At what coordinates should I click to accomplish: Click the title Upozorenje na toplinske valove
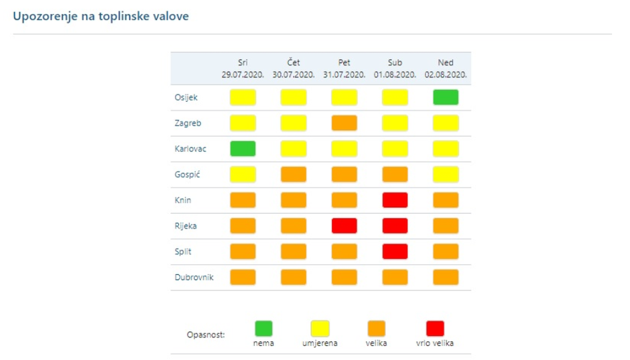[101, 15]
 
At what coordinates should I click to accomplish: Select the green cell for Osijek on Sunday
[446, 97]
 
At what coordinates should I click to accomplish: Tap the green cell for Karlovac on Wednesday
[243, 148]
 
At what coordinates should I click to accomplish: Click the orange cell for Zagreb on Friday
[344, 123]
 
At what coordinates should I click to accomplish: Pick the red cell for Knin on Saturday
[395, 200]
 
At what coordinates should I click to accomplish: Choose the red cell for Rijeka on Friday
[344, 225]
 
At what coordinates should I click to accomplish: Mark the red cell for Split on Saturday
[395, 251]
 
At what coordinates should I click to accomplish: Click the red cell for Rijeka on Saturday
[395, 225]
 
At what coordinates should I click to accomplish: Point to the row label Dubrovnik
[194, 277]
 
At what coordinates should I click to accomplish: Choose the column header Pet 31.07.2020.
[344, 68]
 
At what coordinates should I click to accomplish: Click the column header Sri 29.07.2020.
[243, 68]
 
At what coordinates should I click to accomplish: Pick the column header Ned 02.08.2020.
[446, 68]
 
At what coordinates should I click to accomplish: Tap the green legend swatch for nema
[263, 328]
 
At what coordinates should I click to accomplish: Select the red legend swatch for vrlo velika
[436, 328]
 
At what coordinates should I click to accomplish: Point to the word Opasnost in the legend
[206, 333]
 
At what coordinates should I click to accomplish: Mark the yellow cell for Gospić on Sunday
[446, 174]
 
